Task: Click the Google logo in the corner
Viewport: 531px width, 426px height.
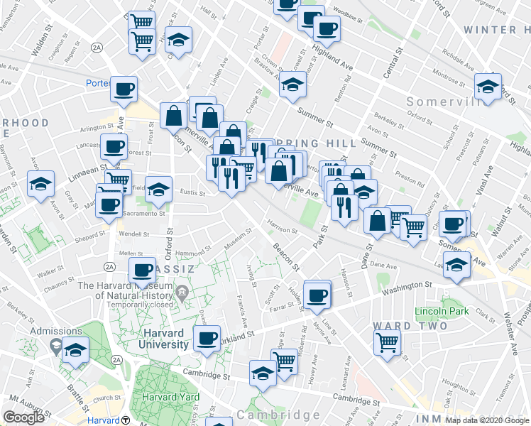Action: (x=23, y=417)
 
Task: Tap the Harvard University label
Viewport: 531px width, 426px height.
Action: (x=153, y=339)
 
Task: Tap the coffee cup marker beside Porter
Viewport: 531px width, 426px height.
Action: (x=124, y=90)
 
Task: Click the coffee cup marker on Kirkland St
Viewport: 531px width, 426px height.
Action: (x=207, y=338)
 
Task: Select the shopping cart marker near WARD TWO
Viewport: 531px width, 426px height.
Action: (x=388, y=343)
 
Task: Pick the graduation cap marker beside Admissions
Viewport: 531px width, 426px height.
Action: (x=75, y=351)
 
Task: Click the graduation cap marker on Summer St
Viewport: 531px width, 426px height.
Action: (x=292, y=85)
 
